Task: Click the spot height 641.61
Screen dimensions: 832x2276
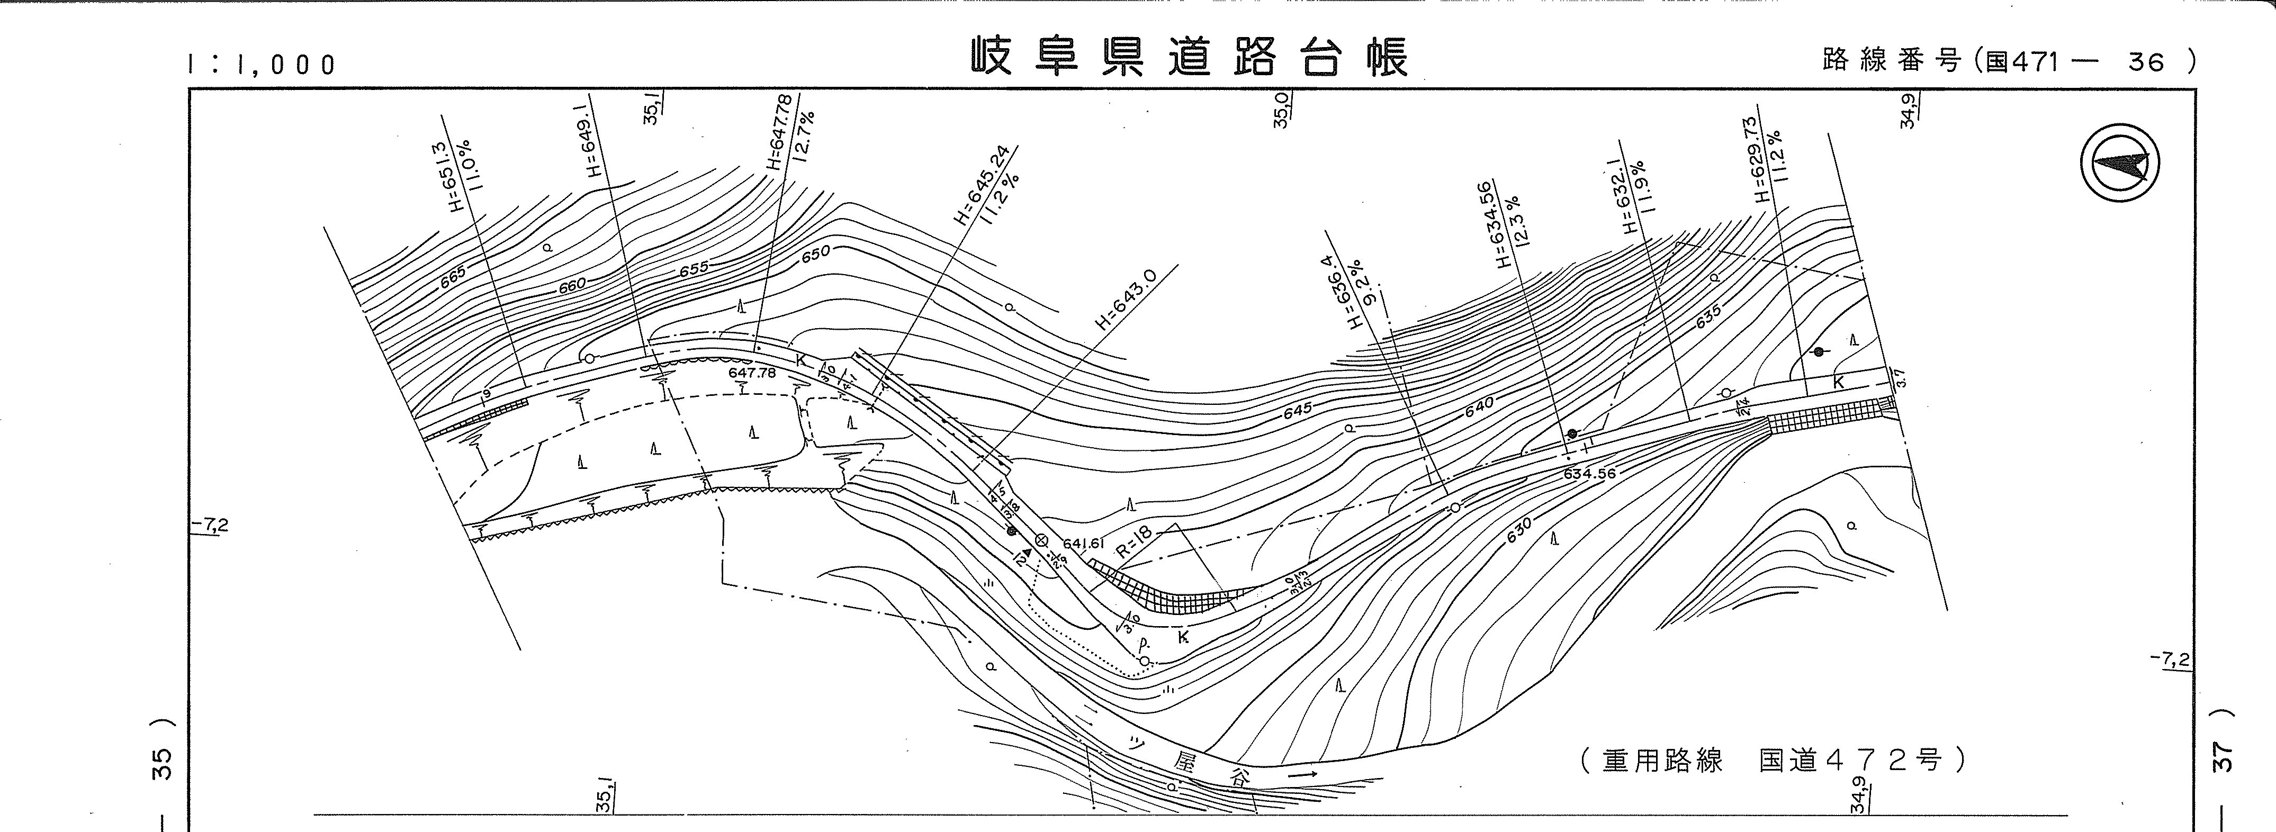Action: pyautogui.click(x=1085, y=544)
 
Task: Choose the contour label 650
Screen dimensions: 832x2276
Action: pyautogui.click(x=815, y=254)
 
